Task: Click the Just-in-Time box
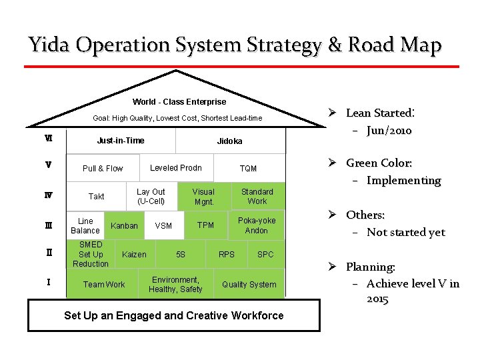pos(121,141)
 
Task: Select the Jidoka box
pos(230,141)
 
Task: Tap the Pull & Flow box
pos(103,169)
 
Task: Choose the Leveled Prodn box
pos(176,167)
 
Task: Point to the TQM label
pos(248,169)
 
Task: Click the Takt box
pos(97,197)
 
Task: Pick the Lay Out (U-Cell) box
pos(151,196)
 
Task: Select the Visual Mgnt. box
pos(203,196)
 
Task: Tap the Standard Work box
pos(257,196)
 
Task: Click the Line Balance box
pos(85,225)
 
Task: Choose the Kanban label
pos(124,226)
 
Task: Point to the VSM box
pos(163,226)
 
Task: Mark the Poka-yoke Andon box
pos(257,225)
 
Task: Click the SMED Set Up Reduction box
pos(91,254)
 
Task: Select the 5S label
pos(181,255)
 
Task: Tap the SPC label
pos(265,255)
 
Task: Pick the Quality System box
pos(249,285)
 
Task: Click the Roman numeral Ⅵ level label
pos(49,139)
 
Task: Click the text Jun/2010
pos(389,131)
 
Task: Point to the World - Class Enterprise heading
pos(179,102)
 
